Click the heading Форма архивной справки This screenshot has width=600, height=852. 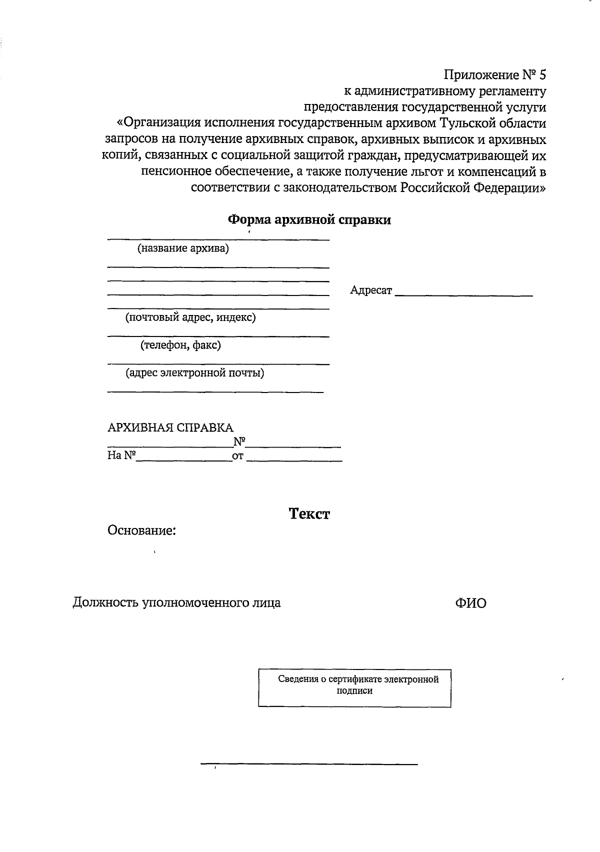click(x=309, y=220)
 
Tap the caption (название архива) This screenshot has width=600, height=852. click(x=183, y=248)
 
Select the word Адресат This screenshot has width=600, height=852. click(x=371, y=290)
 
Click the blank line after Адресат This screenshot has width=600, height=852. click(x=463, y=296)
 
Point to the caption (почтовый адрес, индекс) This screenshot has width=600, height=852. click(x=190, y=317)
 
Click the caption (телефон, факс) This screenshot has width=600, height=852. click(x=180, y=345)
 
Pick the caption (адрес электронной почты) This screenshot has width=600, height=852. click(x=195, y=373)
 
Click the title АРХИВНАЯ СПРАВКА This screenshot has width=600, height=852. click(x=170, y=428)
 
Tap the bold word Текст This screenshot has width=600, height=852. click(x=309, y=514)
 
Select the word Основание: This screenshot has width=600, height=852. click(x=141, y=530)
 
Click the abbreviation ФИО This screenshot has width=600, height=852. click(x=470, y=603)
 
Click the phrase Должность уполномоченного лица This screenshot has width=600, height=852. click(x=176, y=603)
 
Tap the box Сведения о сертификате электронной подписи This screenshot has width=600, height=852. click(x=354, y=688)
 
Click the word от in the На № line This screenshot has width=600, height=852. click(x=237, y=456)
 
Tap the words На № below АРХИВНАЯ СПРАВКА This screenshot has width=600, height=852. click(x=121, y=456)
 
